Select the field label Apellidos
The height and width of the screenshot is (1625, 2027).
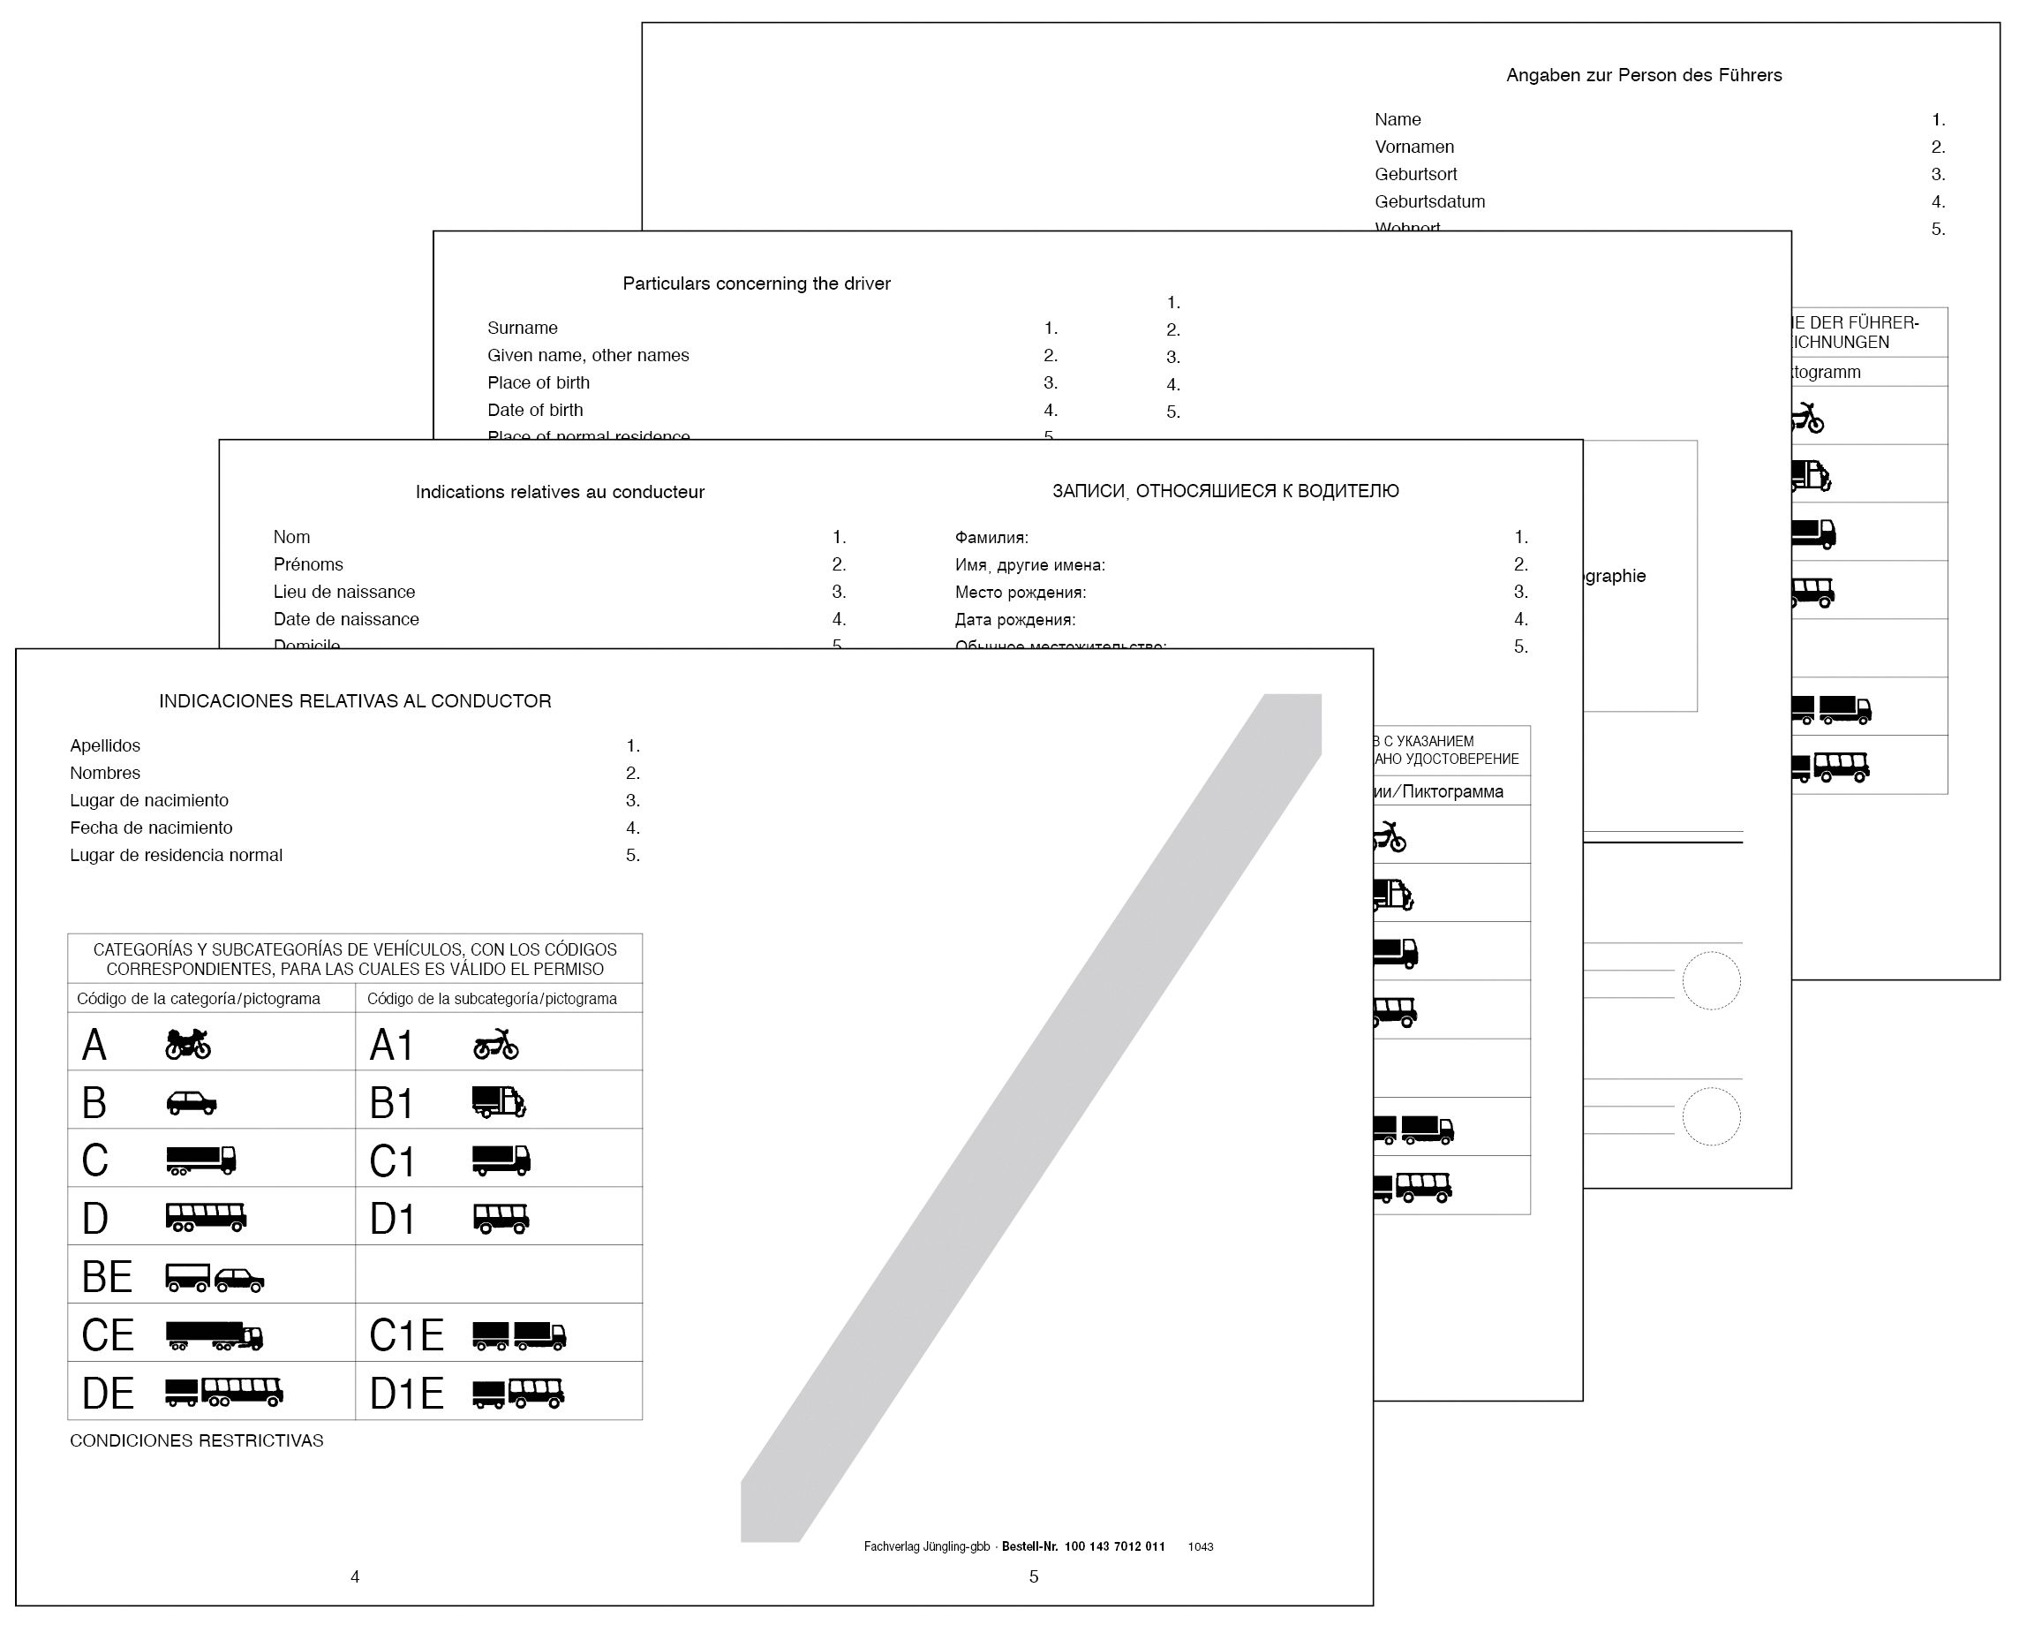click(104, 745)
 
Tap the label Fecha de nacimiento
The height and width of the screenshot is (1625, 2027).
click(150, 828)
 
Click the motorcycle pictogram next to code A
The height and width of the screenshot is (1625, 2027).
click(188, 1044)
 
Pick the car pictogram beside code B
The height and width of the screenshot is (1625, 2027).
click(192, 1102)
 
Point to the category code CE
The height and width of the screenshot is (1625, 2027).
click(107, 1335)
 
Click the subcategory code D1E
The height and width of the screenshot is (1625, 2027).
click(406, 1394)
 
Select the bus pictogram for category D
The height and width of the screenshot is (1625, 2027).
click(206, 1218)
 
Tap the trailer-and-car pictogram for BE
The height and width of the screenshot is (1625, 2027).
click(215, 1277)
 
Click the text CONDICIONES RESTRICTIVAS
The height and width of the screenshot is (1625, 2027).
click(197, 1440)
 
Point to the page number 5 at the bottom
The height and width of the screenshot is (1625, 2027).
click(1033, 1577)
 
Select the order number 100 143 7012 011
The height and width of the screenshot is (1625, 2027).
click(1114, 1546)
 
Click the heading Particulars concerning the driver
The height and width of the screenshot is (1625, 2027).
click(756, 283)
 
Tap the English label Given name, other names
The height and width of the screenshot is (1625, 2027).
click(588, 355)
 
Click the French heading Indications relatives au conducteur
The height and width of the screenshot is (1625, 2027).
click(560, 492)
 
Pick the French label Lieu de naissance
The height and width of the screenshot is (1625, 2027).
click(344, 592)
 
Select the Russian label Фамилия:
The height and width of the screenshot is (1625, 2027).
click(991, 538)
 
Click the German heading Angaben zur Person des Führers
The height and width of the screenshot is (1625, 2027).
click(1644, 75)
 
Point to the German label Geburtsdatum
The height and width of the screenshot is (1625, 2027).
click(1429, 201)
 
